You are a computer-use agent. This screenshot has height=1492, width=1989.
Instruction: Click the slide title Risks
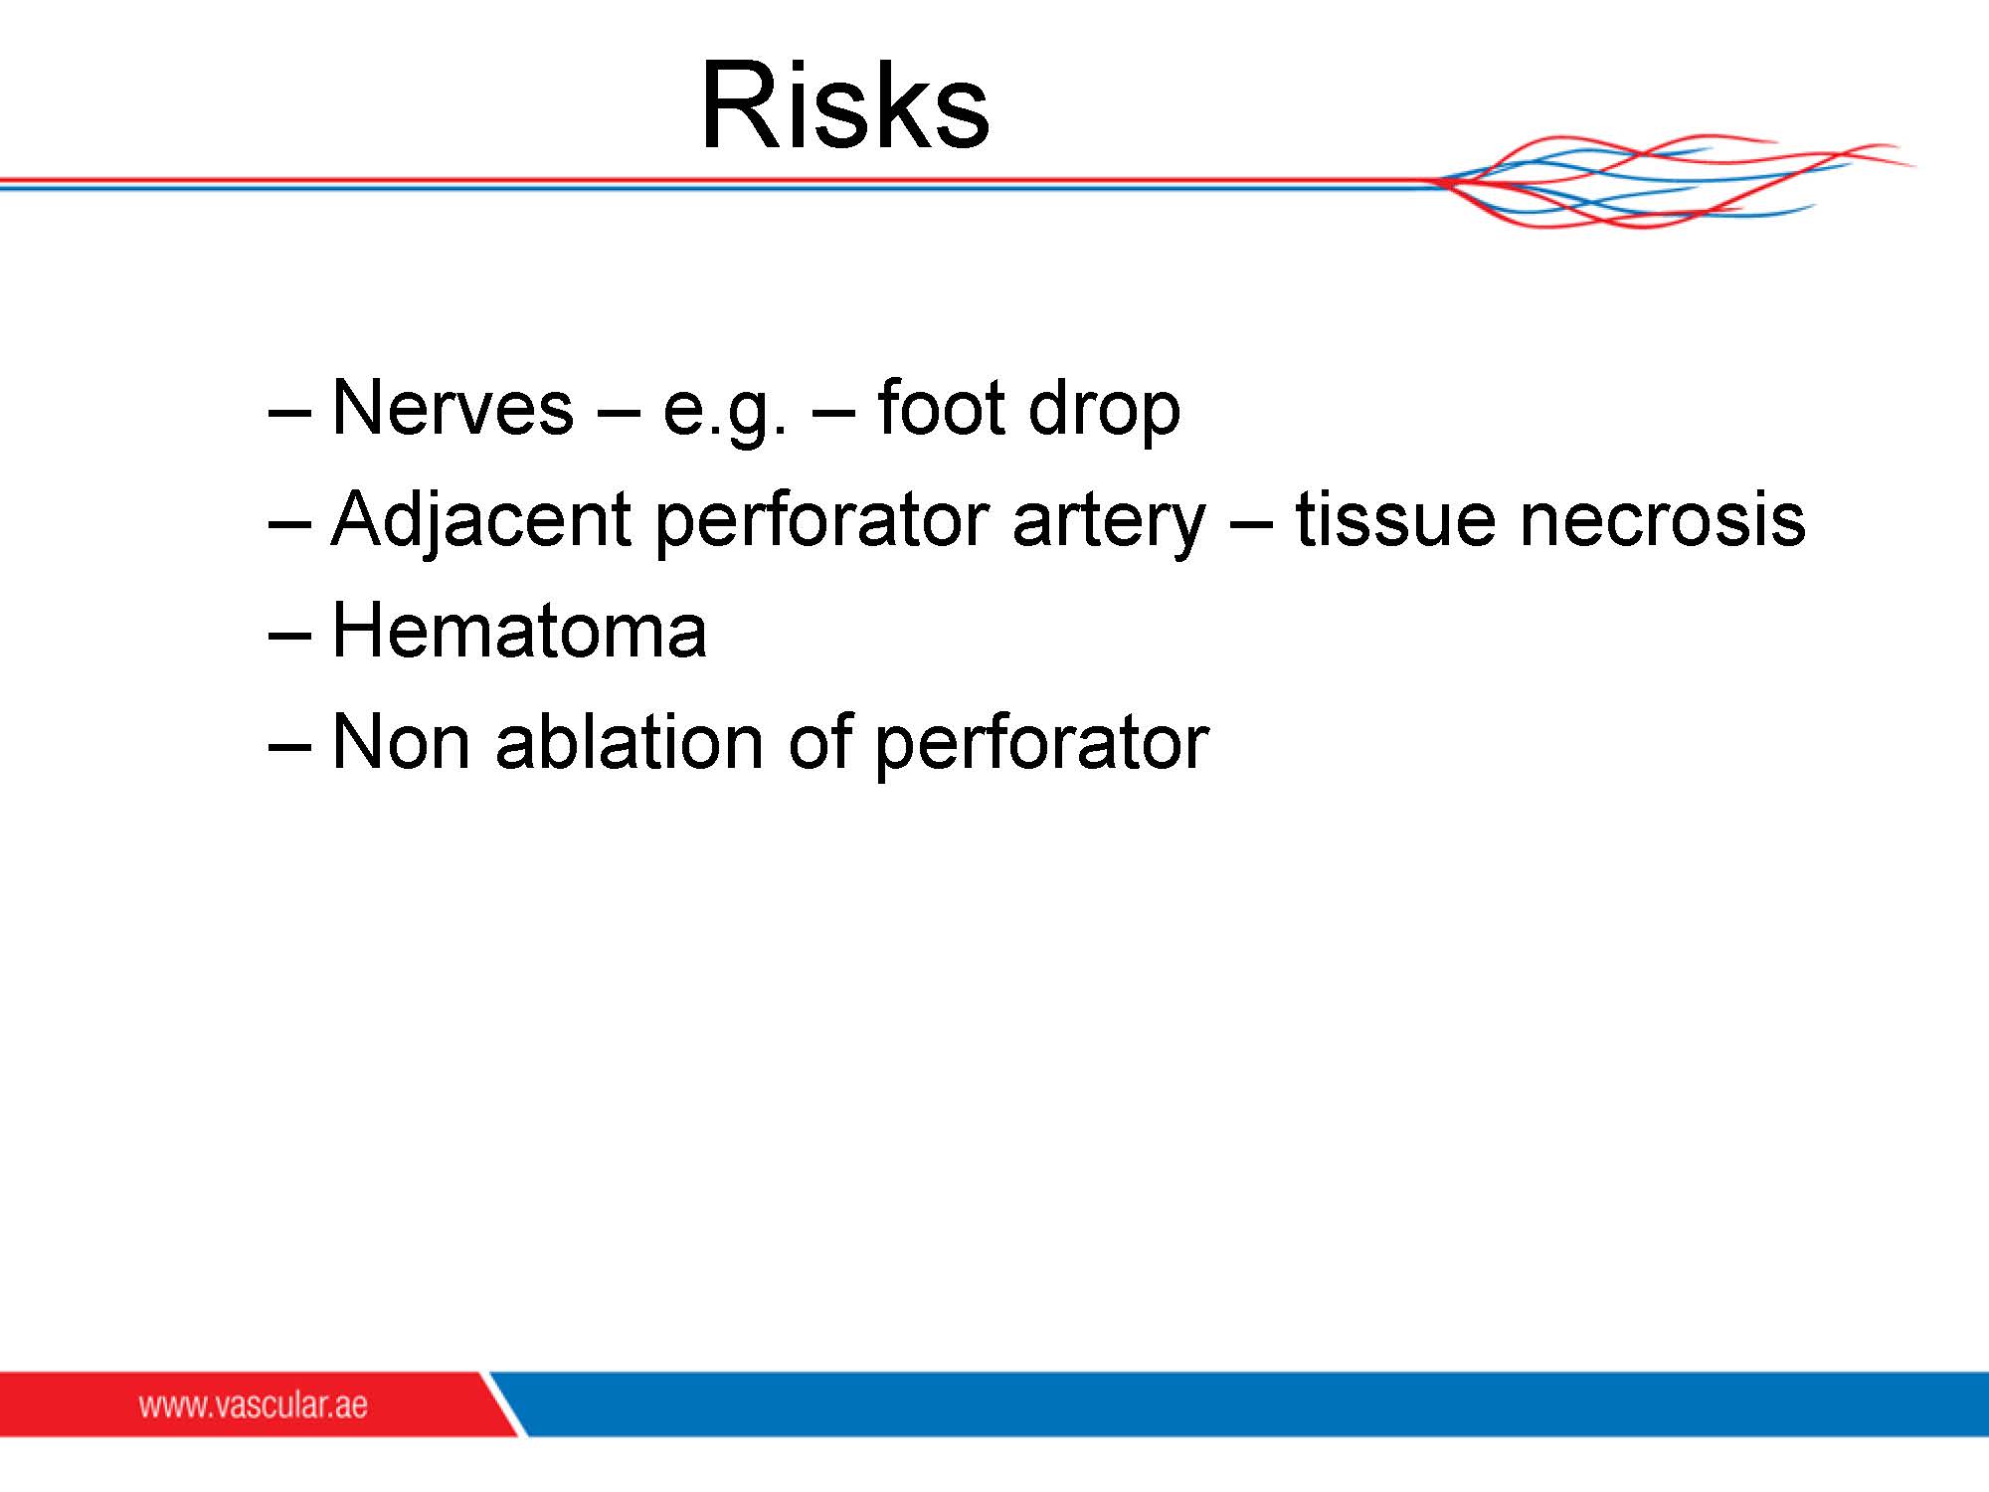click(x=845, y=105)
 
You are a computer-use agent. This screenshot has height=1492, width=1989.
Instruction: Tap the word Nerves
click(x=452, y=407)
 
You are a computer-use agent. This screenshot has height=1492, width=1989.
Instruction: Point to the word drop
click(x=1104, y=410)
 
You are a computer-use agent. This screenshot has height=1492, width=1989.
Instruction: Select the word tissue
click(x=1395, y=519)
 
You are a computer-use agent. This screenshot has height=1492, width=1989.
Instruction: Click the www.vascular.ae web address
click(x=253, y=1404)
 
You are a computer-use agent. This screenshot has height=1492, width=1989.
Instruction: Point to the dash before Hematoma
click(x=289, y=634)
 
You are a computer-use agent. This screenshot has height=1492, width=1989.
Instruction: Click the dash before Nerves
click(x=289, y=411)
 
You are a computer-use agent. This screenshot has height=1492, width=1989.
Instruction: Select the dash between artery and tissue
click(x=1250, y=522)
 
